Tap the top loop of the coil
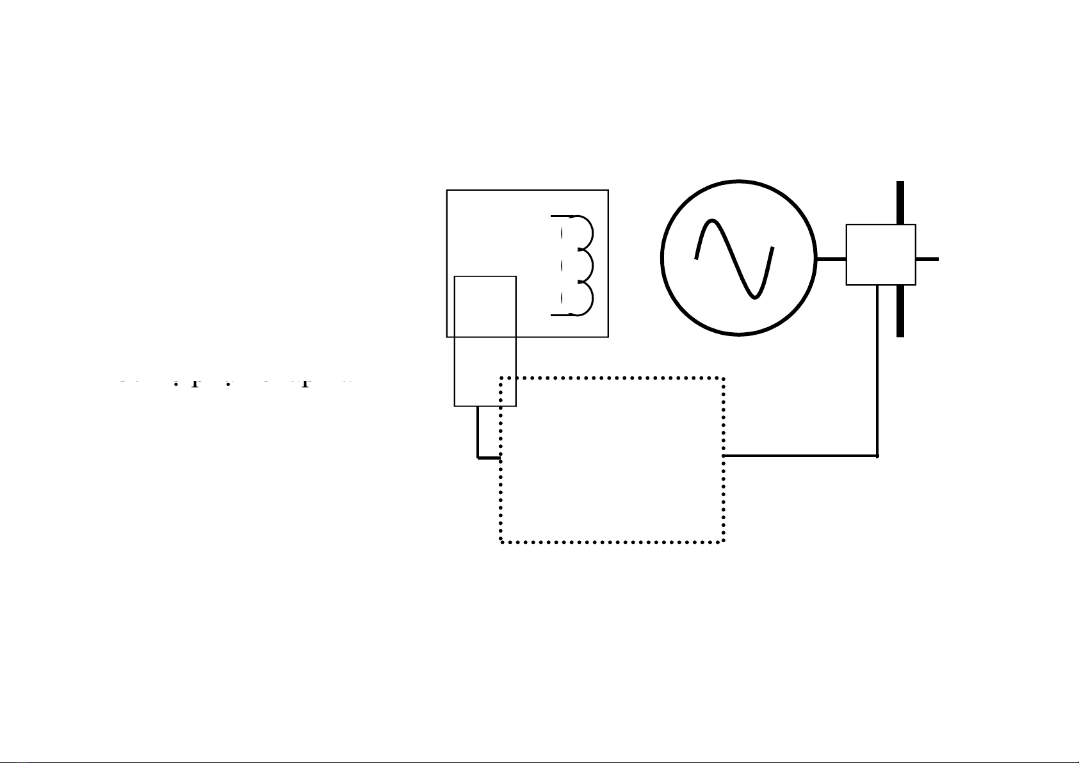tap(587, 233)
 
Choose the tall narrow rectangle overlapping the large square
tap(485, 341)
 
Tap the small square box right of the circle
tap(880, 254)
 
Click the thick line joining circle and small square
tap(831, 259)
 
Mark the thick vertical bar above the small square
tap(900, 202)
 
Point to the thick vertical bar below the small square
tap(900, 311)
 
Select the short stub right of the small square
tap(927, 259)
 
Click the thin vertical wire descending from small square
tap(877, 371)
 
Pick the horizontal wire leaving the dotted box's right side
tap(800, 456)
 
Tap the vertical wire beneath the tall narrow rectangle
tap(478, 432)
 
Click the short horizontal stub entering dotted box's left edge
tap(489, 458)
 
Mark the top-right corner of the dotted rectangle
tap(724, 378)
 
